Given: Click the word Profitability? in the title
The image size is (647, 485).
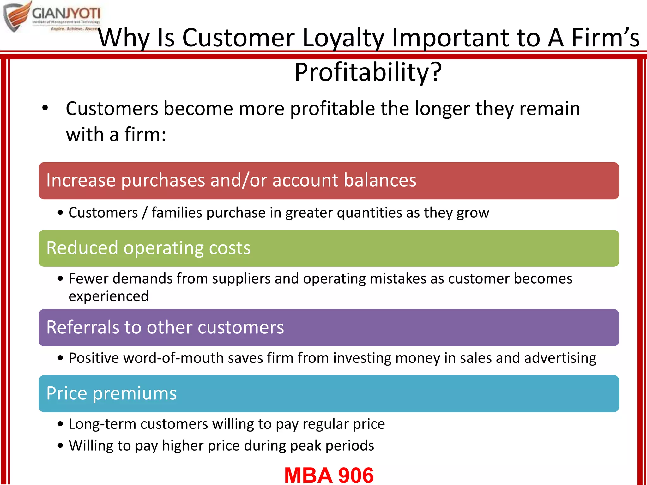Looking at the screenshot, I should coord(368,73).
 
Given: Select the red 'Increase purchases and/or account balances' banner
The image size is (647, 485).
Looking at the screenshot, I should coord(329,181).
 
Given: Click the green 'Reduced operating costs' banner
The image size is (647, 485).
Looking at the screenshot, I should coord(329,248).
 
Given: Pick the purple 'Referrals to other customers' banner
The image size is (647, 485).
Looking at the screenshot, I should coord(329,327).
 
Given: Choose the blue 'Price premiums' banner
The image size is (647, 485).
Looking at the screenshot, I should coord(329,393).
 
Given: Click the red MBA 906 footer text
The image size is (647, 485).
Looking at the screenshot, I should coord(329,475).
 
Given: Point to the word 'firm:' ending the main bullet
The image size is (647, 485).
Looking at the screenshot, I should coord(145,135).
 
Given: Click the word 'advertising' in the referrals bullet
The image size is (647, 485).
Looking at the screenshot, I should coord(560,358).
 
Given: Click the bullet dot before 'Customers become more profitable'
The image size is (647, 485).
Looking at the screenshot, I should coord(45,108).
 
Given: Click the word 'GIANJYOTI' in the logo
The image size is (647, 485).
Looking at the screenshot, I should coord(66,14).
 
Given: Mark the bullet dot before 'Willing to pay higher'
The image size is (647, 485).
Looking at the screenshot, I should coord(61,446).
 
